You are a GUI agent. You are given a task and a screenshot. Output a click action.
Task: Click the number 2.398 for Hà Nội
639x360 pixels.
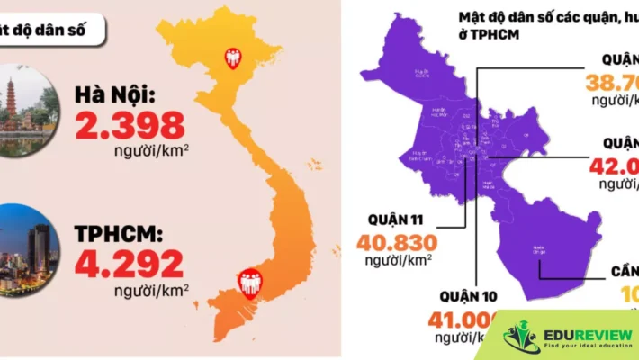[x=130, y=126]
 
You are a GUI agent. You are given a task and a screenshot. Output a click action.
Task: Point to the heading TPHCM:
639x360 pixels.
[x=119, y=234]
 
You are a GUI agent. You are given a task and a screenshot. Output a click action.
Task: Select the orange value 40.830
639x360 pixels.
[x=397, y=242]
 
